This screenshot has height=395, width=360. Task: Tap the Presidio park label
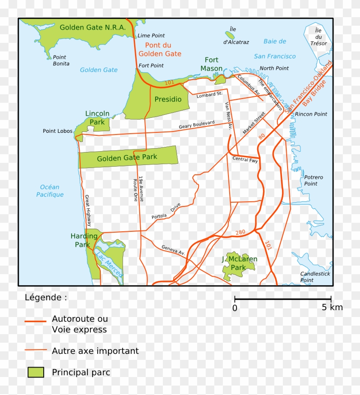(x=168, y=99)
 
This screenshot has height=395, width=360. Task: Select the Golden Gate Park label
(x=127, y=158)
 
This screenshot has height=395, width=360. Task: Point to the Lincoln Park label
(x=97, y=118)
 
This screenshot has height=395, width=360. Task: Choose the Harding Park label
(x=84, y=240)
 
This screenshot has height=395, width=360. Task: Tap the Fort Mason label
(x=212, y=64)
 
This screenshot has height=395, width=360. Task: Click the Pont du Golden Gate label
(x=159, y=49)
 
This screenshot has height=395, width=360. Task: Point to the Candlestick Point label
(x=315, y=277)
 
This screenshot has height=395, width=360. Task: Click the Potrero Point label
(x=313, y=180)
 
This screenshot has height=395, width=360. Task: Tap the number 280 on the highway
(x=240, y=233)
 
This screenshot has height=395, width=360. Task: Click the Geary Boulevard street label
(x=196, y=125)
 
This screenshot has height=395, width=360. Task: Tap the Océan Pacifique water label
(x=50, y=191)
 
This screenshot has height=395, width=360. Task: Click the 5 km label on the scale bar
(x=332, y=307)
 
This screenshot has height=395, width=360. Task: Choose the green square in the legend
(x=36, y=372)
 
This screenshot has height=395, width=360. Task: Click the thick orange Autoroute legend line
(x=35, y=321)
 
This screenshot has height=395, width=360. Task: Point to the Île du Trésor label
(x=318, y=37)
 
